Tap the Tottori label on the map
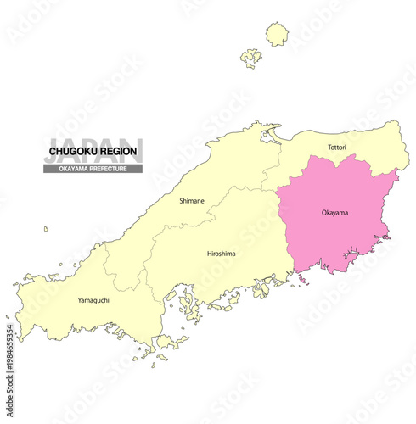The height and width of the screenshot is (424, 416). point(337,148)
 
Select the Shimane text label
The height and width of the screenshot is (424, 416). point(191,201)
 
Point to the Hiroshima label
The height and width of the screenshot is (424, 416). point(221,254)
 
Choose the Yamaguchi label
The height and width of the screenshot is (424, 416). point(93,299)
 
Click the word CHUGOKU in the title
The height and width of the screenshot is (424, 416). point(71,152)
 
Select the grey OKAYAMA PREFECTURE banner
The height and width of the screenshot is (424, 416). point(93,168)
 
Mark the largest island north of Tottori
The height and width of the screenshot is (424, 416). point(277,34)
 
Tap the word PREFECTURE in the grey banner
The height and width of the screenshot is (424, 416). point(110,168)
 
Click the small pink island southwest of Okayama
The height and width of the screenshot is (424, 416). point(302,278)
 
